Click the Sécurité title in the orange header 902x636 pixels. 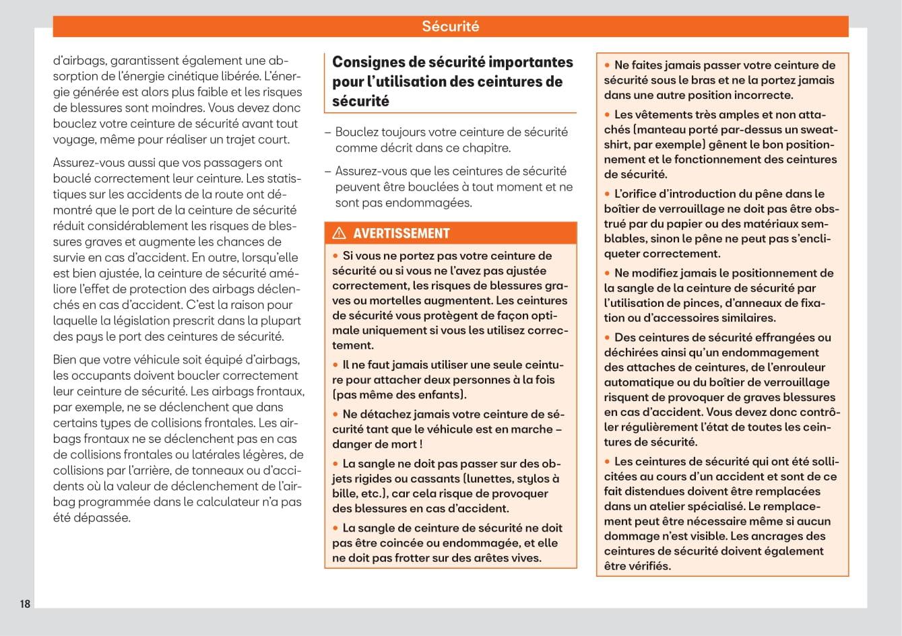point(450,26)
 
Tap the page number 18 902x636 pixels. point(25,604)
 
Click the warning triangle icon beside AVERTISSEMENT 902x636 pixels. point(340,234)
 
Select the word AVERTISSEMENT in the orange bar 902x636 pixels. point(401,234)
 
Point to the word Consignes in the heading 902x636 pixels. point(369,62)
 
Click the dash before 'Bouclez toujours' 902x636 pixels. point(327,132)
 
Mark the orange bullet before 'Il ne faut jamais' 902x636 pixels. point(335,365)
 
